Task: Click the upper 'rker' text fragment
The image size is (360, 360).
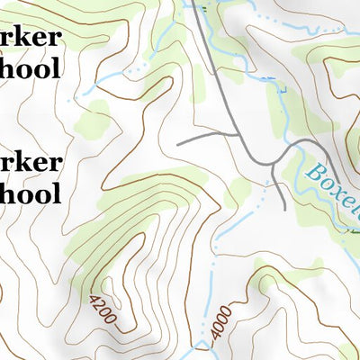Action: (31, 38)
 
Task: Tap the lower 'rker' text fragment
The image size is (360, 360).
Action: (31, 163)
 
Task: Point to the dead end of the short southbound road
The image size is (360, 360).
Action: (285, 209)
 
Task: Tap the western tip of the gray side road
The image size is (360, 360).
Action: (179, 143)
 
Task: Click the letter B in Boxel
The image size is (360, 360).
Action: (316, 168)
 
